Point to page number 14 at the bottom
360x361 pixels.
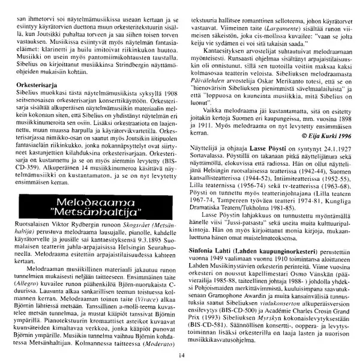click(179, 354)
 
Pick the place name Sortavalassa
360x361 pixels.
click(211, 171)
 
